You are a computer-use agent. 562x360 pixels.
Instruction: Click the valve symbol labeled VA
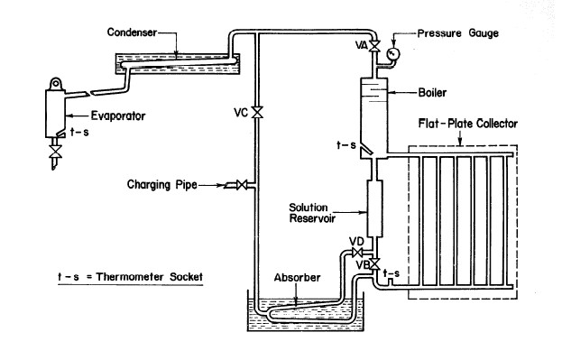(x=374, y=46)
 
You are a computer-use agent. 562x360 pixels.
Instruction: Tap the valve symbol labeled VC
(x=257, y=113)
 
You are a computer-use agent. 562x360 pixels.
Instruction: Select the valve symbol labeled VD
(x=357, y=253)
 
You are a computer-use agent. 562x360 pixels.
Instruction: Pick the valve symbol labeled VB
(x=374, y=264)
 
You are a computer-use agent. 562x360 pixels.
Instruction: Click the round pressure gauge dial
(x=394, y=54)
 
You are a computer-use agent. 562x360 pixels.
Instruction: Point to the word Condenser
(x=132, y=32)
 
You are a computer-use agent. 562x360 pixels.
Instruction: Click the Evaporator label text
(x=118, y=115)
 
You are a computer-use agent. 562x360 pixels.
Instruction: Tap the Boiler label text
(x=432, y=93)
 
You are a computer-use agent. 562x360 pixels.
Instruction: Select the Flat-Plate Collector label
(x=468, y=124)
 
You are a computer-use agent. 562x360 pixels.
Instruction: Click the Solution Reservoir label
(x=312, y=213)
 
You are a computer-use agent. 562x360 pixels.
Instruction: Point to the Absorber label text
(x=297, y=278)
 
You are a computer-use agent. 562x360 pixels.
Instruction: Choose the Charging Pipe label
(x=162, y=185)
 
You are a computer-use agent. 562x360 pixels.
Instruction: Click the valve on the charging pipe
(x=242, y=185)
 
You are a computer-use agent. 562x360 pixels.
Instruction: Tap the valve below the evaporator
(x=55, y=152)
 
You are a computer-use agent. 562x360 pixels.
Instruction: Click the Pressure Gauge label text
(x=458, y=33)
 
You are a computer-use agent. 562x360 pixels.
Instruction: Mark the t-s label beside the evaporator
(x=79, y=132)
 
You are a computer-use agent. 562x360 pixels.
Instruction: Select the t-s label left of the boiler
(x=346, y=145)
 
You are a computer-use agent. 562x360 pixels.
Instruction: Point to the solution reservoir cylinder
(x=374, y=208)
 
